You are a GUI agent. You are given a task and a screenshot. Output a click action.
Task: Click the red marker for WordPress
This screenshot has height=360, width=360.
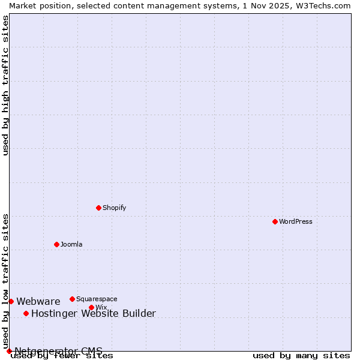coord(275,221)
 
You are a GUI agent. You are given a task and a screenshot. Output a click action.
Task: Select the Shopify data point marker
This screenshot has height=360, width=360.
coord(98,208)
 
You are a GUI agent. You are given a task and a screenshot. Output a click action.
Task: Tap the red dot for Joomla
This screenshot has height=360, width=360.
coord(56,244)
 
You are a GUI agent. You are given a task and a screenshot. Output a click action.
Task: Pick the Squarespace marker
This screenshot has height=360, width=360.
coord(72,299)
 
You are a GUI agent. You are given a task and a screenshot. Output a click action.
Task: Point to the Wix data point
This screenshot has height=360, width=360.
coord(91,307)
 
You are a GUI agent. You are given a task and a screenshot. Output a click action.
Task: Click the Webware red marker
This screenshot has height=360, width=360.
coord(11,301)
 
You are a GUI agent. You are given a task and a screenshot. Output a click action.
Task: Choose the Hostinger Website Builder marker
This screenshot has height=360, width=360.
coord(26,313)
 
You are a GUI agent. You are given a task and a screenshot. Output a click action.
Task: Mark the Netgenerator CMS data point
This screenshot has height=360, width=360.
coord(9,351)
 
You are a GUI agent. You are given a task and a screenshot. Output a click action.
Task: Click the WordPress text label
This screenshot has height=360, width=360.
coord(296,221)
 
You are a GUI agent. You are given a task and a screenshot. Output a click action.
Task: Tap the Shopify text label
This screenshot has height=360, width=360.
coord(114,208)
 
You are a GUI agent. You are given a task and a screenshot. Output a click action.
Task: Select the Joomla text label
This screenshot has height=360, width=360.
coord(71,244)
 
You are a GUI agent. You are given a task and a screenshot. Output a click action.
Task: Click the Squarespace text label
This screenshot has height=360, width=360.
coord(97,299)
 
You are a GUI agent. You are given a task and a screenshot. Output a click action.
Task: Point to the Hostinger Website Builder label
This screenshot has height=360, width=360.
coord(93,313)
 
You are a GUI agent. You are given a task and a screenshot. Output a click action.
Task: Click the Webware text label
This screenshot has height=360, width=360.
coord(38,301)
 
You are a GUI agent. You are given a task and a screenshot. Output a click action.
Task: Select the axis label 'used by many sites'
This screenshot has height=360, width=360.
coord(301,355)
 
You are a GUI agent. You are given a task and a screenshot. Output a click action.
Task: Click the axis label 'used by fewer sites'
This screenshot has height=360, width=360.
coord(62,355)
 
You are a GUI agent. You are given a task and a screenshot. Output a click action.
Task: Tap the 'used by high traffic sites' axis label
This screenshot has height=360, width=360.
coord(6,85)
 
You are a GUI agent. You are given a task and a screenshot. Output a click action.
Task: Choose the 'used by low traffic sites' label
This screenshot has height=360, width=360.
coord(6,281)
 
